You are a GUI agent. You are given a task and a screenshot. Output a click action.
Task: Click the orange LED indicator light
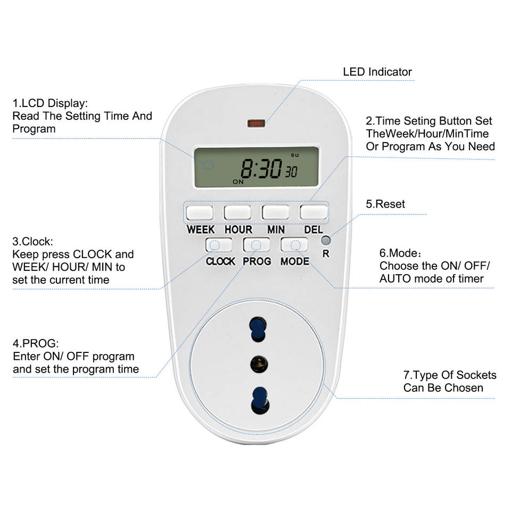pyautogui.click(x=256, y=124)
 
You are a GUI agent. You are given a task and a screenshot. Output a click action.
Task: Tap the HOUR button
pyautogui.click(x=237, y=212)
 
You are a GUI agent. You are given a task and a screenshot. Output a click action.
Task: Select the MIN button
pyautogui.click(x=275, y=212)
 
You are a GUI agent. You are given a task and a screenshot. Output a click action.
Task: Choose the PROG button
pyautogui.click(x=257, y=244)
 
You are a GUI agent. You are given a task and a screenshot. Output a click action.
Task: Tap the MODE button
pyautogui.click(x=294, y=244)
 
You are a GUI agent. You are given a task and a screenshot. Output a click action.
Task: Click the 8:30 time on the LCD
pyautogui.click(x=261, y=169)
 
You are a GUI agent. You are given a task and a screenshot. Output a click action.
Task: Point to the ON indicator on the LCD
pyautogui.click(x=238, y=182)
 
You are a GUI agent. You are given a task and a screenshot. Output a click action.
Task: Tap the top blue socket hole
pyautogui.click(x=257, y=328)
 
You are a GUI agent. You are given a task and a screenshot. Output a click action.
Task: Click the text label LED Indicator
pyautogui.click(x=377, y=72)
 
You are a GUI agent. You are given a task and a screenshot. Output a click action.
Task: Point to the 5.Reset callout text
pyautogui.click(x=385, y=204)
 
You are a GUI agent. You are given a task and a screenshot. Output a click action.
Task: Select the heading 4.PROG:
pyautogui.click(x=36, y=343)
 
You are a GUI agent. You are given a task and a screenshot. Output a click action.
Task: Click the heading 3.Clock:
pyautogui.click(x=32, y=241)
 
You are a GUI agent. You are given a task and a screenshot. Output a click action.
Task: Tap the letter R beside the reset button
pyautogui.click(x=326, y=254)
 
